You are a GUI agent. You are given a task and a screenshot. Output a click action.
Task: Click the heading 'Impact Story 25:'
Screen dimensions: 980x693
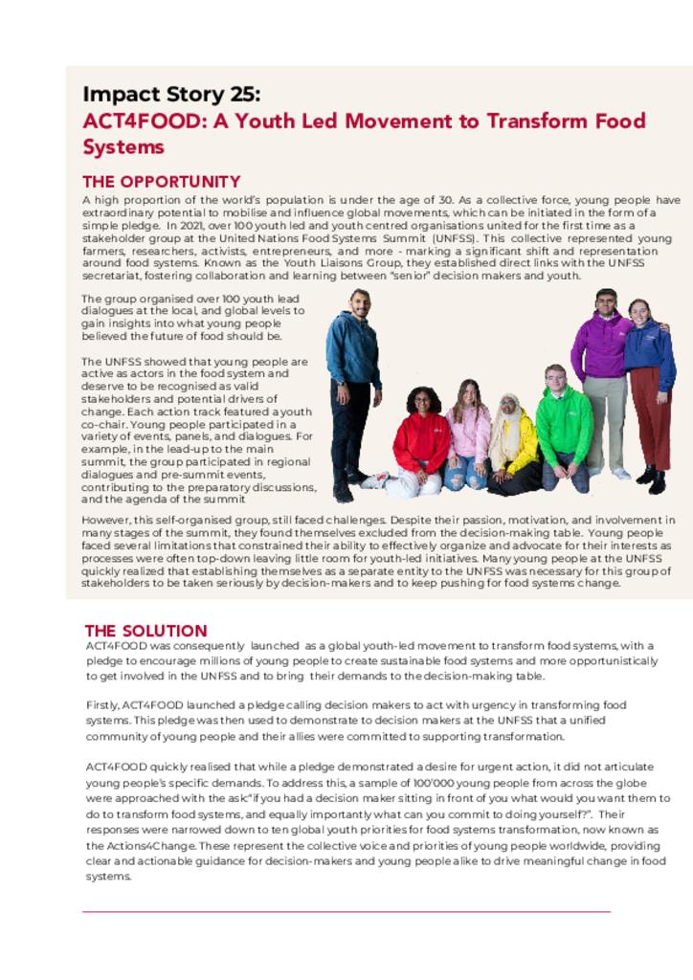tap(171, 94)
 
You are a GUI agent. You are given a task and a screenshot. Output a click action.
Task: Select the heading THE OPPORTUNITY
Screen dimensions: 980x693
tap(161, 182)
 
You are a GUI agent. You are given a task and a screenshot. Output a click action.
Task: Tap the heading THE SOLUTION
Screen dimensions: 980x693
tap(145, 631)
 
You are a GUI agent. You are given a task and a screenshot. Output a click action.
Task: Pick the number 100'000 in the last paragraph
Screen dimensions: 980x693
tap(436, 782)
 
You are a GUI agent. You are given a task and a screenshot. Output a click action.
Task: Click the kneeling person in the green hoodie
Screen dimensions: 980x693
tap(564, 426)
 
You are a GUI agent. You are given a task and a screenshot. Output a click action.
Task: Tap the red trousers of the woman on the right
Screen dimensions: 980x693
tap(650, 421)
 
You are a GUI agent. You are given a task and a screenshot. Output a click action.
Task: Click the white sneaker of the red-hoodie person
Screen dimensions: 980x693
tap(375, 481)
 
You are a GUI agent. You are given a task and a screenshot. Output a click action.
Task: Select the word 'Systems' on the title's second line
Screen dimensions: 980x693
tap(123, 147)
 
